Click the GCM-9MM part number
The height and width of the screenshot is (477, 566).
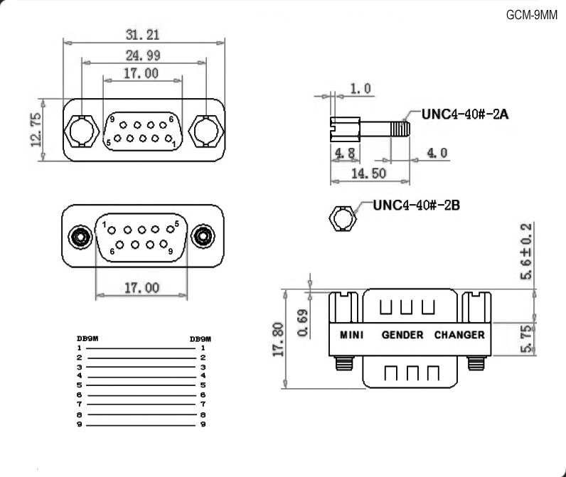(533, 15)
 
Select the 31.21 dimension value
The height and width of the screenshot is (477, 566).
(142, 34)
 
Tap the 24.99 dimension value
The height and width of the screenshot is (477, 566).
(142, 55)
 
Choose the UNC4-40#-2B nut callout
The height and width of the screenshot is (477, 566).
(417, 205)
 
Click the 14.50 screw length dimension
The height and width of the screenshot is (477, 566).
(368, 173)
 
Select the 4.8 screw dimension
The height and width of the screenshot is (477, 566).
(345, 152)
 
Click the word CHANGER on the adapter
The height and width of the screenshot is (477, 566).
(459, 334)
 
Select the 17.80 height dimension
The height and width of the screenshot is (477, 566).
(278, 339)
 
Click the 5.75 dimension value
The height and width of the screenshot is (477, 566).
(527, 338)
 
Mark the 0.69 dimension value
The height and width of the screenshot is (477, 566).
(304, 321)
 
